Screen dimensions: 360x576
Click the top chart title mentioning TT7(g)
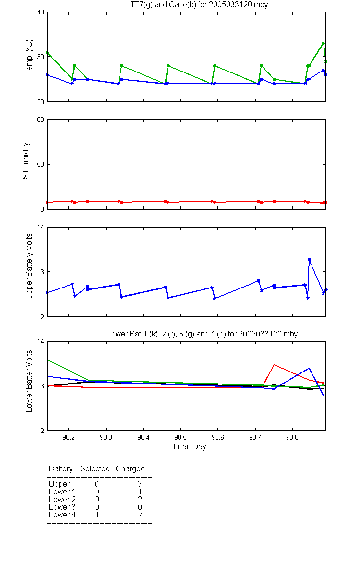[199, 5]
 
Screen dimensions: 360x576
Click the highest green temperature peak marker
[323, 43]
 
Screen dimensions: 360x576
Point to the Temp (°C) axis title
[29, 57]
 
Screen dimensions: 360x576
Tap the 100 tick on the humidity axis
[39, 120]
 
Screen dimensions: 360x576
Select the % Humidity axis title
[26, 161]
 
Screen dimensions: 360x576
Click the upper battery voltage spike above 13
[309, 259]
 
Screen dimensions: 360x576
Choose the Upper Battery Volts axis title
[29, 266]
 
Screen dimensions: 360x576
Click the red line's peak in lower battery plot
[274, 365]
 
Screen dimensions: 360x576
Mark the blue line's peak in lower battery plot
[309, 368]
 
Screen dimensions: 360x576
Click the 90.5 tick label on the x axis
[180, 437]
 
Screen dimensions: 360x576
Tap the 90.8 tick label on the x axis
[292, 437]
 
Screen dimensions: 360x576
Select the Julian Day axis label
[189, 447]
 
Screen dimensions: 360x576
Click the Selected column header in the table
[95, 468]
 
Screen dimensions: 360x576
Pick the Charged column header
[130, 469]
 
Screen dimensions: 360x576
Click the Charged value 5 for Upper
[139, 484]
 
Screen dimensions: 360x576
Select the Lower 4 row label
[62, 515]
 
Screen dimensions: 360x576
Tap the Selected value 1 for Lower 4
[97, 515]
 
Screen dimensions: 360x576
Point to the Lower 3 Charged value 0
[140, 507]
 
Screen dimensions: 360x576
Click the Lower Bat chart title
[202, 334]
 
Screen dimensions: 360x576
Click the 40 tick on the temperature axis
[41, 12]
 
